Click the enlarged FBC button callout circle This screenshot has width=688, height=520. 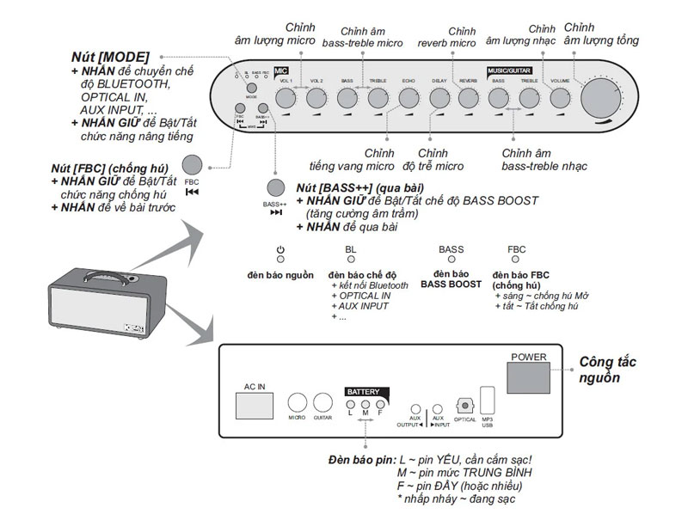pyautogui.click(x=192, y=165)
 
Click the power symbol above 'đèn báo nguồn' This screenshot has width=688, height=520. pyautogui.click(x=280, y=250)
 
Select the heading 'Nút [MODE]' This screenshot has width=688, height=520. pyautogui.click(x=111, y=56)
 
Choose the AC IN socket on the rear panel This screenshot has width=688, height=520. pyautogui.click(x=255, y=404)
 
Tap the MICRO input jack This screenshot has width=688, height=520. pyautogui.click(x=298, y=403)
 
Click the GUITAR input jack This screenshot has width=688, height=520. pyautogui.click(x=323, y=403)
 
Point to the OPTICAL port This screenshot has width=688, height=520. pyautogui.click(x=465, y=405)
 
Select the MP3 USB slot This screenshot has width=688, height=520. pyautogui.click(x=488, y=403)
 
